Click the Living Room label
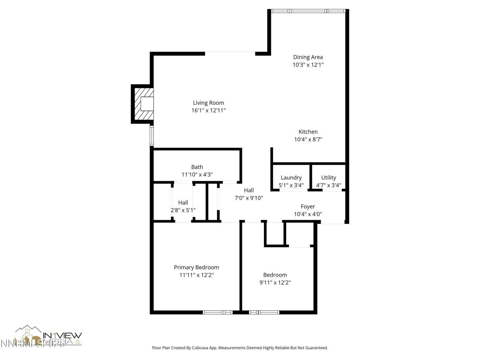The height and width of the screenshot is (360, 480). pos(208,103)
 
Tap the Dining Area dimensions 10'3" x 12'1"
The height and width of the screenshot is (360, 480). pos(308,65)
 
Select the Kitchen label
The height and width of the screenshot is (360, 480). pos(308,132)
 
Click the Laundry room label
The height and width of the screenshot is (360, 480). pos(291,177)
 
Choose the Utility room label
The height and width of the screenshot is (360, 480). pos(328,177)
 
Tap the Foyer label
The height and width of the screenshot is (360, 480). pos(308,207)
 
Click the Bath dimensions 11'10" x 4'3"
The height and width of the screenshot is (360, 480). pos(197,174)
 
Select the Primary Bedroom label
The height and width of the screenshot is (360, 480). pos(196,267)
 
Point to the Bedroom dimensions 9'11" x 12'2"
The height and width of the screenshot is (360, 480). pos(275,283)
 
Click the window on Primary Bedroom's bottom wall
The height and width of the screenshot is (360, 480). pos(218,312)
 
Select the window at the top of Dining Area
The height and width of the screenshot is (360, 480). pos(308,11)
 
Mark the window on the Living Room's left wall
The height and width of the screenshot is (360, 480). pos(152,136)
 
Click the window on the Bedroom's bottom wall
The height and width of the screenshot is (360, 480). pos(264,312)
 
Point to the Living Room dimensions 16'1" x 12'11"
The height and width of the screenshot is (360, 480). pos(208,110)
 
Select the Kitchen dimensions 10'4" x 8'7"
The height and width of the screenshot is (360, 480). pos(308,139)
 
